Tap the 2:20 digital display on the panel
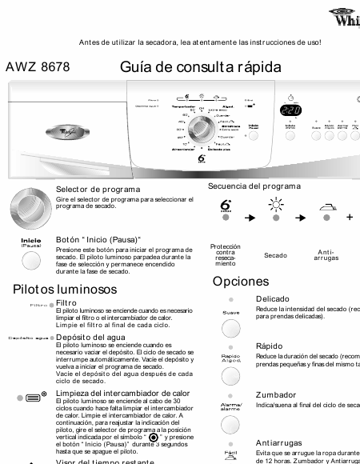[290, 110]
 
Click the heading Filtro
[66, 303]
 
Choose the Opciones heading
[240, 282]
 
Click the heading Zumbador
[275, 394]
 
